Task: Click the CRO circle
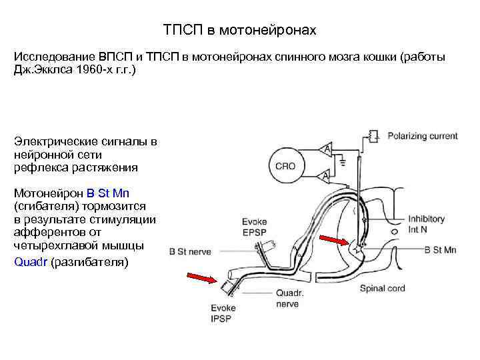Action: coord(285,165)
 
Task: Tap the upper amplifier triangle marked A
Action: coord(325,149)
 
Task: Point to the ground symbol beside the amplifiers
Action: coord(342,162)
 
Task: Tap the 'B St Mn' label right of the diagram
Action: coord(440,250)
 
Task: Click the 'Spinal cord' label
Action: coord(383,289)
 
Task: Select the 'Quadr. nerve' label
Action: coord(289,297)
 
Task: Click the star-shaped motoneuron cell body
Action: coord(360,251)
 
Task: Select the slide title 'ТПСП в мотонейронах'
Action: coord(240,31)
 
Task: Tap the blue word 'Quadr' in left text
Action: coord(31,261)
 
